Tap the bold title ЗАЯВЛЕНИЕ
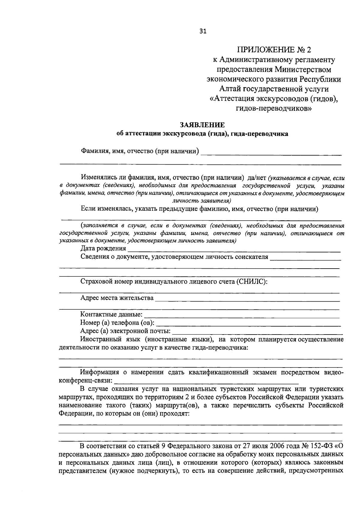point(202,125)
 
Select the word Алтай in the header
point(230,89)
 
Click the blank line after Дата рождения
point(234,251)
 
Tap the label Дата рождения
point(103,248)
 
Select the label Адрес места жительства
point(117,298)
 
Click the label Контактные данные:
point(111,314)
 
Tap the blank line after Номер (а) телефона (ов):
point(249,325)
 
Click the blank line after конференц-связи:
point(207,383)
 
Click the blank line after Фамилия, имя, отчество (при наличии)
point(271,154)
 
